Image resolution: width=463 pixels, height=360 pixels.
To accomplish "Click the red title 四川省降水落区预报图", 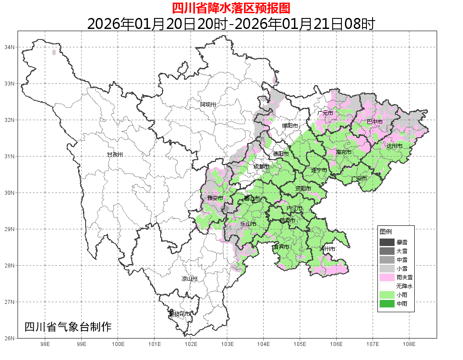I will click(231, 8).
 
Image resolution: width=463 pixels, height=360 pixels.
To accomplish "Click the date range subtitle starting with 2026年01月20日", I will click(231, 24).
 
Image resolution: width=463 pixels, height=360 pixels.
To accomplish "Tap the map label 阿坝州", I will click(208, 104).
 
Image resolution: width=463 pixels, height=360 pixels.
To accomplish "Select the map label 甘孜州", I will click(115, 155).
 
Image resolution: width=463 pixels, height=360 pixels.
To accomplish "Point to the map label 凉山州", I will click(190, 279).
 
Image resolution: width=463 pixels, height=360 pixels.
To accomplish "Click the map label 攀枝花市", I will click(180, 314).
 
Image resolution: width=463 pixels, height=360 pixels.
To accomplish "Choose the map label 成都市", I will click(262, 167).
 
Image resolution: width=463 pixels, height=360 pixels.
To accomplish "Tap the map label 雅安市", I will click(215, 199).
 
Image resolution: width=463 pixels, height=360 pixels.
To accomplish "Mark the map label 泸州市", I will click(327, 249).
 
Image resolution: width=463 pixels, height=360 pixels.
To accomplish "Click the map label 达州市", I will click(395, 146).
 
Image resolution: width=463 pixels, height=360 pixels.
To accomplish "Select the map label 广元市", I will click(325, 113).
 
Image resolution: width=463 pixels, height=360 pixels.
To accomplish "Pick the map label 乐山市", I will click(248, 224).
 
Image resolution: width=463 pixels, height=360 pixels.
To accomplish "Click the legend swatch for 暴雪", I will click(387, 242).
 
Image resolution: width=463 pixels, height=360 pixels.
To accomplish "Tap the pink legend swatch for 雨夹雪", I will click(387, 277).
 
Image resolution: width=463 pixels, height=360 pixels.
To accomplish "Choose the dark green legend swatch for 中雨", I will click(387, 303).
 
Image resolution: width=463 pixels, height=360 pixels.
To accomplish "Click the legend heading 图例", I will click(386, 232).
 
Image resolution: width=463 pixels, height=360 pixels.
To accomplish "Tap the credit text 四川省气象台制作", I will click(68, 327).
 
